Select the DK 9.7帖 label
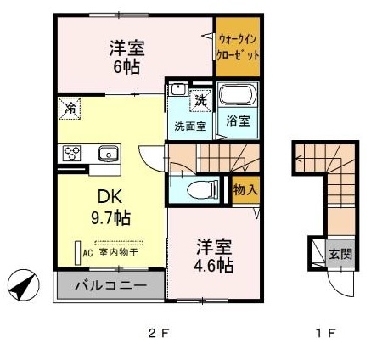click(x=110, y=207)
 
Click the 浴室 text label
click(x=238, y=121)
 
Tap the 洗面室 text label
click(x=190, y=127)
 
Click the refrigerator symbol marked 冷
click(x=70, y=108)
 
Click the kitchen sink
click(x=108, y=154)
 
